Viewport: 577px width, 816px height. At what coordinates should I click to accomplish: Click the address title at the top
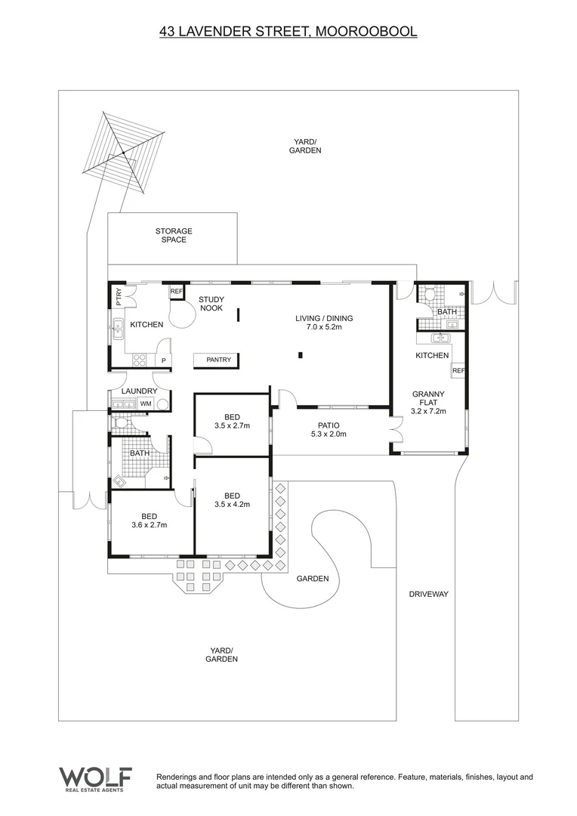coord(288,32)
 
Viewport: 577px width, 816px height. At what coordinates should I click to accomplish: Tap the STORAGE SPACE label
coord(174,235)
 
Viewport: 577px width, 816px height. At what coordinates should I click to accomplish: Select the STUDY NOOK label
coord(211,304)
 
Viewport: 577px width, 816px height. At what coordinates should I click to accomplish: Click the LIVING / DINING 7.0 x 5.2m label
coord(324,323)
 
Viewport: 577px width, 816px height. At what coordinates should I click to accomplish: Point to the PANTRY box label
coord(219,360)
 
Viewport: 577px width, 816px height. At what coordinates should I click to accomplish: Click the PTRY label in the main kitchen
coord(119,296)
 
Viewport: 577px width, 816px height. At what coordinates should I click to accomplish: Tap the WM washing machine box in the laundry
coord(146,404)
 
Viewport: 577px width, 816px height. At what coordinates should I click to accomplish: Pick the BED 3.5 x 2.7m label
coord(232,421)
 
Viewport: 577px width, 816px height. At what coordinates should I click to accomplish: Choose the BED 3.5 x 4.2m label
coord(232,500)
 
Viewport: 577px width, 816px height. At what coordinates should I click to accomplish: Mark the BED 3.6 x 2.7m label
coord(149,521)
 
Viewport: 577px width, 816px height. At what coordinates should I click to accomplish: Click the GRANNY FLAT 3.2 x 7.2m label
coord(428,403)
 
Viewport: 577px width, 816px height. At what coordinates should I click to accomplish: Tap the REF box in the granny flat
coord(458,370)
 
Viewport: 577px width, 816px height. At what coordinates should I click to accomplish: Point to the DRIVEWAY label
coord(428,595)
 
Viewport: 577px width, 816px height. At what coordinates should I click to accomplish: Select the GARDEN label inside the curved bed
coord(313,579)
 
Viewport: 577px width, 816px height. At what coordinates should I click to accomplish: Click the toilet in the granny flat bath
coord(428,294)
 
